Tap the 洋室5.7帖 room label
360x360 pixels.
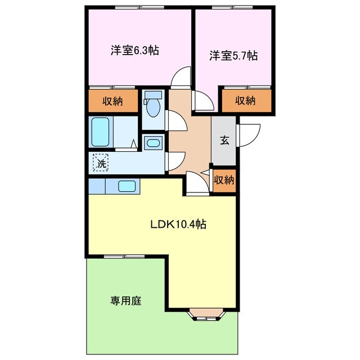tap(234, 56)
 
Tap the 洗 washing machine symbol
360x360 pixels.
tap(101, 163)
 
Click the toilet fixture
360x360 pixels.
tap(152, 105)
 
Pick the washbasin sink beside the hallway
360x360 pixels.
tap(152, 143)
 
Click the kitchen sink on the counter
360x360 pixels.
tap(126, 186)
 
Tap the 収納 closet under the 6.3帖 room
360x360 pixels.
tap(112, 102)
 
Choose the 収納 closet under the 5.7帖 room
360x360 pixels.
tap(245, 101)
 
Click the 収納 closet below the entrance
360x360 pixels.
tap(224, 181)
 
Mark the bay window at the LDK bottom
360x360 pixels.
tap(206, 315)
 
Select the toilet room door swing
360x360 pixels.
tap(173, 120)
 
